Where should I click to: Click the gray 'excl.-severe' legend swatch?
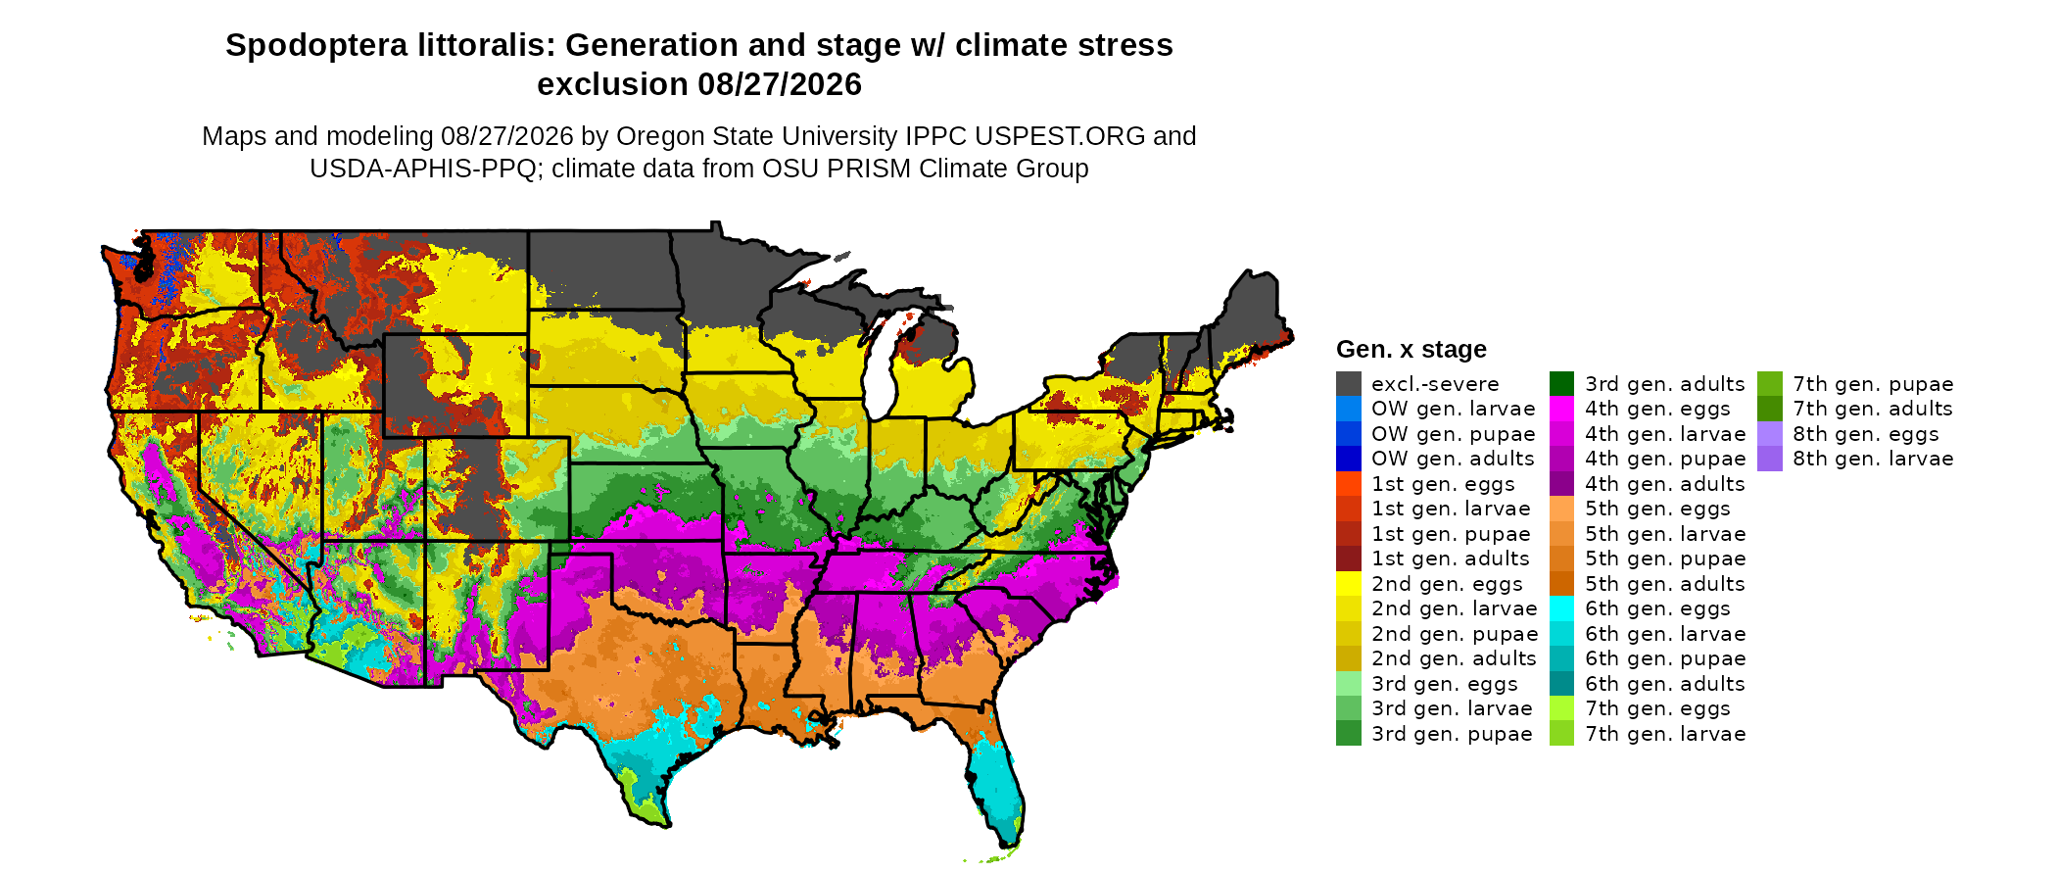[1349, 384]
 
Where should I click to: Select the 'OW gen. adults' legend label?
[1453, 459]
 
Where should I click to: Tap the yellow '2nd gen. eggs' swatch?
[1349, 584]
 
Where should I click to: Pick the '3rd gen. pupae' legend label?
[1452, 734]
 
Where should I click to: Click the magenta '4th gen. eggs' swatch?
[1562, 409]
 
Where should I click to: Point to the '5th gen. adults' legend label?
[1665, 584]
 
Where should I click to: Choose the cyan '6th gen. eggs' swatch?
[1562, 608]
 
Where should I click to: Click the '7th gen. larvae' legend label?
[1665, 734]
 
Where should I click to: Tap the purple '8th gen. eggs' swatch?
[1770, 434]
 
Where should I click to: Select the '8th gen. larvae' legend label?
[1873, 459]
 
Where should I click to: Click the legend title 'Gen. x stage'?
[1411, 349]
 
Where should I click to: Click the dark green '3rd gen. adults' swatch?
[1562, 384]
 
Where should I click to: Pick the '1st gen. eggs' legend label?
[1443, 484]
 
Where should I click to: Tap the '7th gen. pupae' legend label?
[1873, 384]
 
